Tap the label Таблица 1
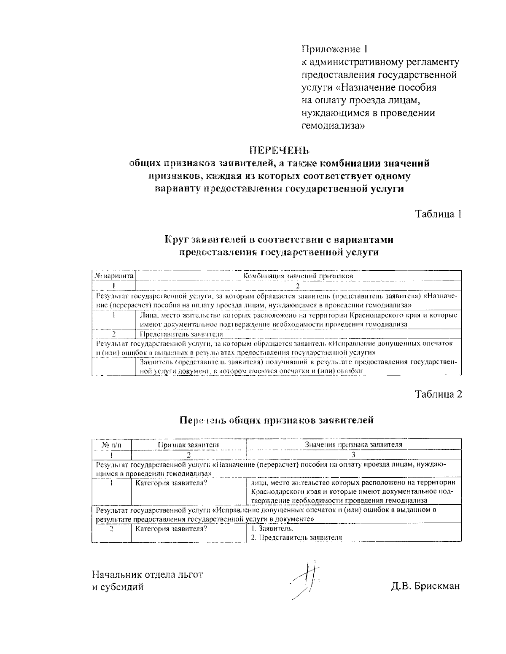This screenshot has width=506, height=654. coord(439,214)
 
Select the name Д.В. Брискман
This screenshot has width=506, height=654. coord(425,587)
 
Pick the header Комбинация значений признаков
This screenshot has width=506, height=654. coord(298,276)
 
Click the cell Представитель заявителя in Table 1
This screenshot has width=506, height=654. coord(181,334)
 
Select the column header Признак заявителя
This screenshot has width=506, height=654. coord(188,444)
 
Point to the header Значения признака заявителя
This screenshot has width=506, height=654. coord(353,444)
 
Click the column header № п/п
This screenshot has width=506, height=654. coord(112,444)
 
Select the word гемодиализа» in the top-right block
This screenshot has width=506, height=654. coord(333,125)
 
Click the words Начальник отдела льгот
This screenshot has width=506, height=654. coord(148,574)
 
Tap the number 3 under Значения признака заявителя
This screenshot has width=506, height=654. coord(353,455)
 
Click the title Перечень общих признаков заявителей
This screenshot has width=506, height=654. coord(277,420)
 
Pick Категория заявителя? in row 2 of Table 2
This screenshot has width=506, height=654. coord(171,528)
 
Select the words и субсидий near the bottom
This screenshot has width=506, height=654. coord(118,587)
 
